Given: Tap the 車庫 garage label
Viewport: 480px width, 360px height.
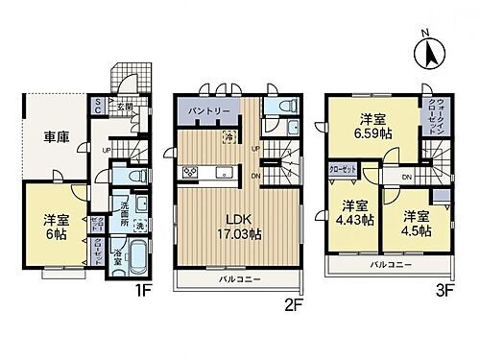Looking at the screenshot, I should point(45,138).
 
